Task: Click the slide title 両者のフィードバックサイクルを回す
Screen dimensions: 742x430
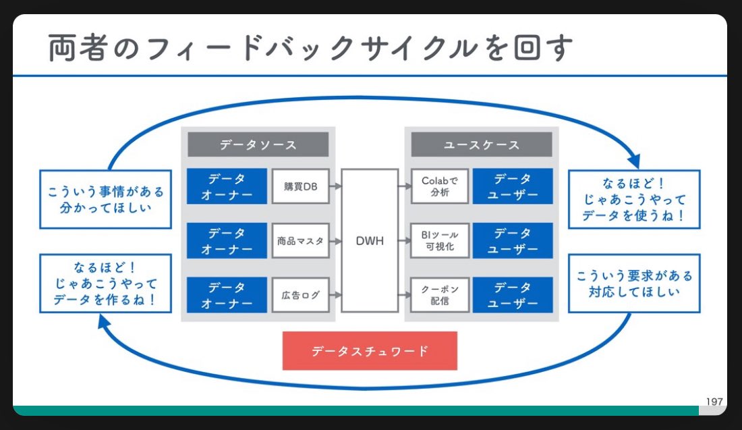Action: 310,49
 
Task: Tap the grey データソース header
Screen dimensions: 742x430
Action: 258,144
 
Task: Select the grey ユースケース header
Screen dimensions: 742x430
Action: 481,144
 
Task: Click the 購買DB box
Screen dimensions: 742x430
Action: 300,186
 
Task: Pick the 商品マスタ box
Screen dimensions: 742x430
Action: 300,240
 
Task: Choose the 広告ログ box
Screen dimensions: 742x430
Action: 300,294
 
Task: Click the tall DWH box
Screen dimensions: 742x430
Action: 370,240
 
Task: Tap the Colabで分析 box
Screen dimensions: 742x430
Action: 439,186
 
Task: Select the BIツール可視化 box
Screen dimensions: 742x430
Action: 439,240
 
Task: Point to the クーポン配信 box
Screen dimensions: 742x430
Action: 439,294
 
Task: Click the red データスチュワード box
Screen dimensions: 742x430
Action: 370,351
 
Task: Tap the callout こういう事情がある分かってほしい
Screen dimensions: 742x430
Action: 106,199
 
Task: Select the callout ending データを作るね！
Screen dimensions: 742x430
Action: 106,283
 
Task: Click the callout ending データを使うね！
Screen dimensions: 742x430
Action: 633,199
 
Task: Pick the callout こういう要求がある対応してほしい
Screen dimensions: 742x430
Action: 633,283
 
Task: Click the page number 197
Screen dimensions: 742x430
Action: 714,402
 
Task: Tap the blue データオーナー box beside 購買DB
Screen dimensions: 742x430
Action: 226,186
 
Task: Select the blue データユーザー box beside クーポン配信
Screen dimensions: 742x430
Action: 512,294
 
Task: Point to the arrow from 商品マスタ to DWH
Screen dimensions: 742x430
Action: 335,240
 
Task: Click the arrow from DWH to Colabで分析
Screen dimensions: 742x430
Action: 404,186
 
